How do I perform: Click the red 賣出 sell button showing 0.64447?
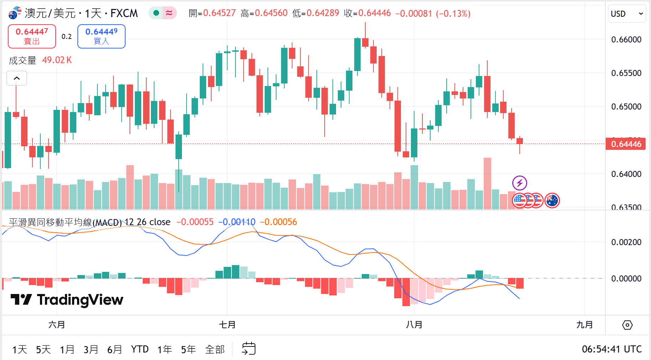click(x=32, y=36)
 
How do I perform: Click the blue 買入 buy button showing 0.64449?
click(x=101, y=36)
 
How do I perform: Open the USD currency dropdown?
click(x=627, y=14)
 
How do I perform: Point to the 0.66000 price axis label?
click(x=626, y=40)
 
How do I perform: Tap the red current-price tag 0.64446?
click(x=626, y=144)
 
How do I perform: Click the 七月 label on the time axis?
click(x=227, y=325)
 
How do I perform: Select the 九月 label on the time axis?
click(x=584, y=325)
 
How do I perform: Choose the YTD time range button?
click(x=139, y=349)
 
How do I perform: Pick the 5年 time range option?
click(x=188, y=349)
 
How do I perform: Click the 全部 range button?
click(x=215, y=349)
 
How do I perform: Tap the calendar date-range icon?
click(x=249, y=349)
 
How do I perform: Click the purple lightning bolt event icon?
click(x=519, y=183)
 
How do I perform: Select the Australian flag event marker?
click(x=552, y=201)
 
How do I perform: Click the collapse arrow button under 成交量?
click(x=17, y=78)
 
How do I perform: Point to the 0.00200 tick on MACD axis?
click(x=626, y=242)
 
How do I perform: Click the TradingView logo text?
click(x=67, y=300)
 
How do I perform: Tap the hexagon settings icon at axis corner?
click(x=627, y=325)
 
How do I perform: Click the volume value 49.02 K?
click(x=57, y=60)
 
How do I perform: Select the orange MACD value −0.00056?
click(x=278, y=222)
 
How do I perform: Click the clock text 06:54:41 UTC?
click(x=611, y=349)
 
